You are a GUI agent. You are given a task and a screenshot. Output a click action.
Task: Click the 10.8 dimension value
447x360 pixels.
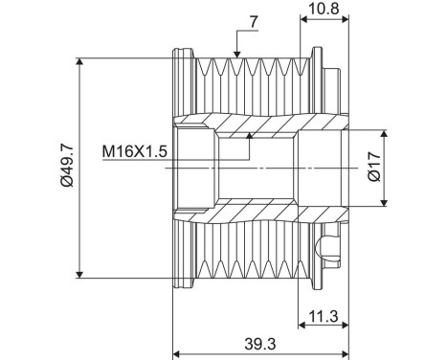(x=324, y=9)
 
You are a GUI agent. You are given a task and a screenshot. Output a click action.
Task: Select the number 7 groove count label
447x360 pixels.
(x=254, y=22)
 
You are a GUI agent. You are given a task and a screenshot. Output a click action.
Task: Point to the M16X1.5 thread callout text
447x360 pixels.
(x=134, y=151)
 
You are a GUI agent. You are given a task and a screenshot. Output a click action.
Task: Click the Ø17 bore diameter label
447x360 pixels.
(x=374, y=167)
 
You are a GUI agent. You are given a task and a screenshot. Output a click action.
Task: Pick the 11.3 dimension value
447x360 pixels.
(x=324, y=316)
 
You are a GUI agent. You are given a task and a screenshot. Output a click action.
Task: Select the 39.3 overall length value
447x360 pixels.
(x=260, y=344)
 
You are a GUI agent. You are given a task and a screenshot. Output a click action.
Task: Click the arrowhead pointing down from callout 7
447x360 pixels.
(x=236, y=55)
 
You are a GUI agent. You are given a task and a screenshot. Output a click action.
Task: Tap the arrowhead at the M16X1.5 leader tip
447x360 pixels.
(x=250, y=135)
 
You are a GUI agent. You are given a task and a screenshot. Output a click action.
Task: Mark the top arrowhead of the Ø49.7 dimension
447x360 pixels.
(x=79, y=61)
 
